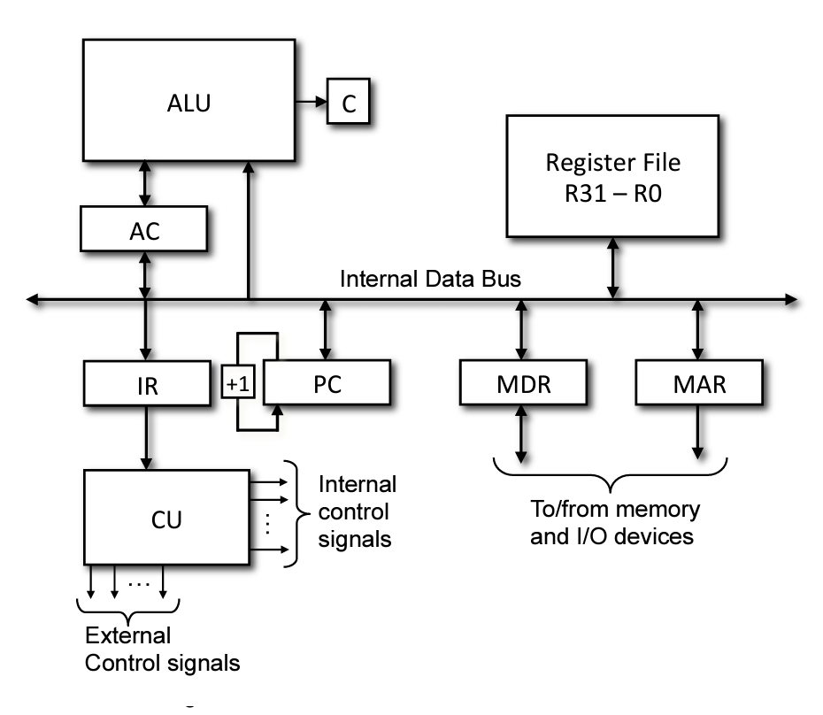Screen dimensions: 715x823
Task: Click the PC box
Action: click(327, 385)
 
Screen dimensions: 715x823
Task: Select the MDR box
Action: click(522, 385)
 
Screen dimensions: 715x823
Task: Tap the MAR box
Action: click(699, 385)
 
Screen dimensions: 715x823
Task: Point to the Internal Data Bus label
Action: click(432, 280)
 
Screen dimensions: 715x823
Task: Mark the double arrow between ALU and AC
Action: click(142, 184)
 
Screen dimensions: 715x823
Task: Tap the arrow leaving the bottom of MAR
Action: click(699, 434)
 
